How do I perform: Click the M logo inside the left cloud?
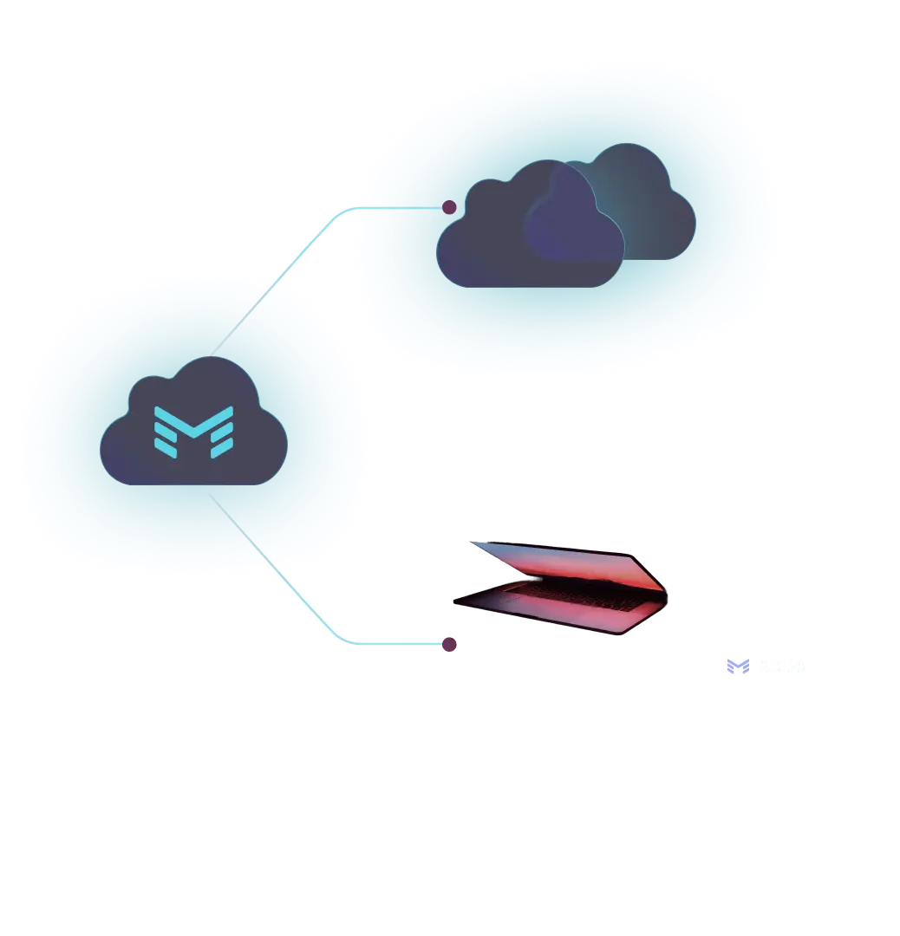tap(193, 430)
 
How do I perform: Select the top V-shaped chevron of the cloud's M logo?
tap(193, 415)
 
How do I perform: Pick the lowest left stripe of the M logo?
tap(166, 451)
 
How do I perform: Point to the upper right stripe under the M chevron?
tap(222, 430)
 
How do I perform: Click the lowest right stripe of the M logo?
tap(222, 451)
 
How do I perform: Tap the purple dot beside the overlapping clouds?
tap(449, 207)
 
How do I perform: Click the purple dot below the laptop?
tap(449, 642)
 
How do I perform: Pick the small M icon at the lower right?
tap(736, 667)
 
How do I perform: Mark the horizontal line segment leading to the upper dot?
tap(399, 206)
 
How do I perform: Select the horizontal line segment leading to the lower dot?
tap(399, 645)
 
